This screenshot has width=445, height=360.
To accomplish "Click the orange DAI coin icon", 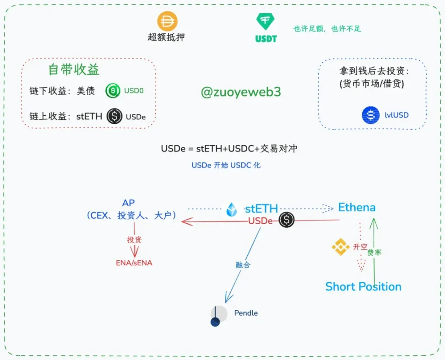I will (x=167, y=21).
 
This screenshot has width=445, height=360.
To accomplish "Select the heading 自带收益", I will (x=74, y=70).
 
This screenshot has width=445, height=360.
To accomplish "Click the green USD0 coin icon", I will (x=113, y=91).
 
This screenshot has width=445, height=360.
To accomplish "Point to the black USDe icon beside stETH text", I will (x=114, y=116).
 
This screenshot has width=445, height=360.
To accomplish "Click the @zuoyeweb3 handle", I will (x=241, y=92).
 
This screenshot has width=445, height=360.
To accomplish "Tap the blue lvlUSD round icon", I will (x=370, y=115).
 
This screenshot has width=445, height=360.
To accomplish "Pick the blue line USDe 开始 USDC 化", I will (x=226, y=165).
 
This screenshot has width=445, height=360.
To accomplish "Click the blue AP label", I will (x=129, y=203).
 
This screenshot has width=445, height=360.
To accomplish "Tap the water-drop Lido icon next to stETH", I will (x=233, y=210).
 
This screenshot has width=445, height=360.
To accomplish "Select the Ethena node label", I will (x=357, y=207).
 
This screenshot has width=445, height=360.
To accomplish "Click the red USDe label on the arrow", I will (x=260, y=221).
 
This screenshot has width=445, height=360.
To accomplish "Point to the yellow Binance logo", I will (x=340, y=247).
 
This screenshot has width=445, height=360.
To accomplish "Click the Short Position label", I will (x=363, y=287).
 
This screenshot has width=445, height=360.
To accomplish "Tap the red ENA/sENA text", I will (x=134, y=263).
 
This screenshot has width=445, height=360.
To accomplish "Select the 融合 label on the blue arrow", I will (x=243, y=264).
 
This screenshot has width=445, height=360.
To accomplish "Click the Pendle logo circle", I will (x=218, y=315).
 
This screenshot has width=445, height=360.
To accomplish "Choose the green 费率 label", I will (x=374, y=252).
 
